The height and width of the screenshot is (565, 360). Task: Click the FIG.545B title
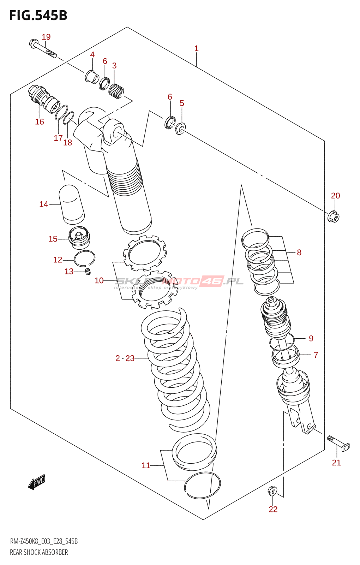tap(38, 16)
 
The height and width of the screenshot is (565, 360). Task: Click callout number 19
tap(46, 37)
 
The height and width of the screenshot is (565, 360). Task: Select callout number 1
tap(196, 48)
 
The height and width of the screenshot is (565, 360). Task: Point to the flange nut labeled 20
tap(333, 217)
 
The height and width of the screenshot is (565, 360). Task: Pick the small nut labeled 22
tap(272, 490)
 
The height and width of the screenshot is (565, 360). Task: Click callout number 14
tap(44, 204)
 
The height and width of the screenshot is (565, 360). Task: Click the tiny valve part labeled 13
tap(88, 272)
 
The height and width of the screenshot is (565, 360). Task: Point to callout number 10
tap(99, 280)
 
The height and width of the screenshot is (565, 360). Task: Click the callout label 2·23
tap(125, 358)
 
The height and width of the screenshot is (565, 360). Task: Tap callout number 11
tap(146, 465)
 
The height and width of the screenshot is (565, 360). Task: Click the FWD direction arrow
tap(37, 482)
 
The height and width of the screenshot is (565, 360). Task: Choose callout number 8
tap(299, 252)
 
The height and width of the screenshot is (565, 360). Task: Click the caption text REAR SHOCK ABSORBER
tap(39, 552)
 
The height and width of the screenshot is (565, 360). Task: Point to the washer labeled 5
tap(181, 129)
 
